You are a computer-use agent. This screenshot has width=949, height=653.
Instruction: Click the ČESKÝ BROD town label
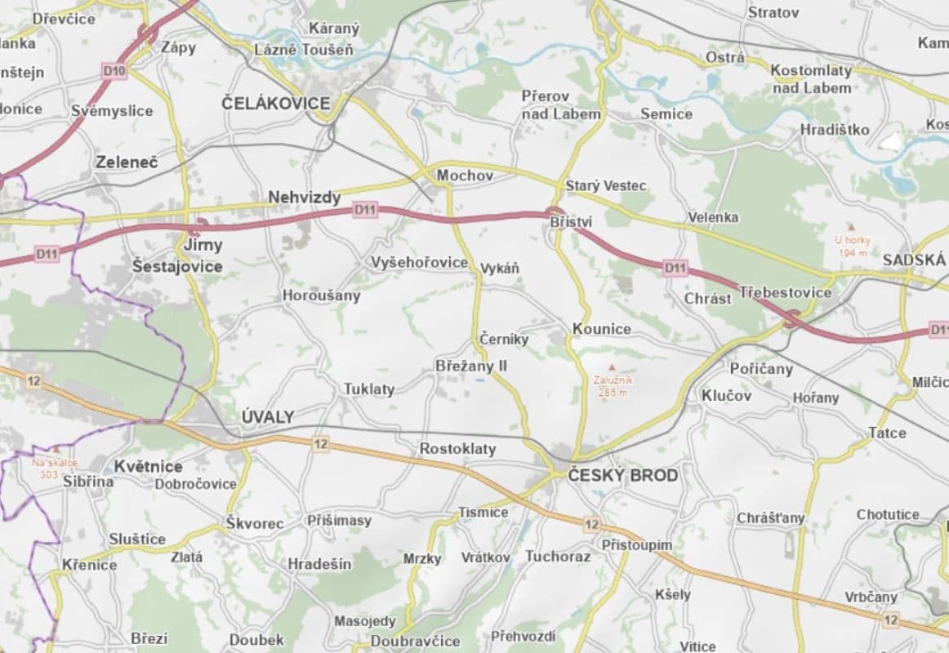point(622,475)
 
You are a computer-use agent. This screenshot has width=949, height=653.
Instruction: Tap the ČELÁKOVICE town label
point(276,104)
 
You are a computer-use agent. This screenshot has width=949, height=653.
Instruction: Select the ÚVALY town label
point(268,417)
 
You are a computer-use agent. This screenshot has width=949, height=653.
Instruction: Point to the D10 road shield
point(114,72)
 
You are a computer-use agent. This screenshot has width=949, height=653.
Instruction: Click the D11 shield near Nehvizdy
point(365,211)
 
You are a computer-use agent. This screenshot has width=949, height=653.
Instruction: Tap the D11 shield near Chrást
point(675,268)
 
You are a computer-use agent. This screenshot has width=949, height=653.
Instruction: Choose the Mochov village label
point(465,175)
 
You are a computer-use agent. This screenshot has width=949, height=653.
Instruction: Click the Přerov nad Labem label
point(560,105)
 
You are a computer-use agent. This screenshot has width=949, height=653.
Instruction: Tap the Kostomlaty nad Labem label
point(811,79)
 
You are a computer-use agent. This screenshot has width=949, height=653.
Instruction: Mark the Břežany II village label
point(470,366)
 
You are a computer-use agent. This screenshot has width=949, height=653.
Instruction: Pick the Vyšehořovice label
point(420,262)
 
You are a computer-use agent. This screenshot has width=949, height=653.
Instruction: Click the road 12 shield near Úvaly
point(320,444)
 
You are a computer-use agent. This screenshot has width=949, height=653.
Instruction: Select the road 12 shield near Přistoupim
point(591,524)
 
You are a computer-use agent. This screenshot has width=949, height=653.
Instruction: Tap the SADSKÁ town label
point(913,260)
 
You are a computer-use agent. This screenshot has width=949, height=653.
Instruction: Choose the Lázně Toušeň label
point(304,51)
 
